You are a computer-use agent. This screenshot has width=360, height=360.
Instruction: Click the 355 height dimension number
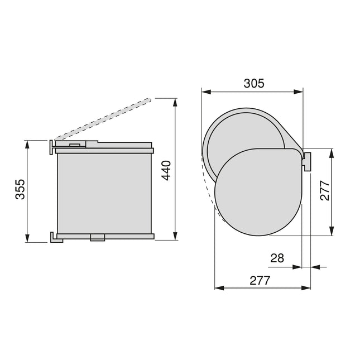click(x=20, y=191)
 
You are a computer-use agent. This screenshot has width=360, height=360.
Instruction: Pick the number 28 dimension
click(x=277, y=258)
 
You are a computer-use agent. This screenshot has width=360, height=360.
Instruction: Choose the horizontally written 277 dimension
click(x=260, y=280)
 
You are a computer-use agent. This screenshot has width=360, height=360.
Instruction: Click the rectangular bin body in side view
click(x=104, y=193)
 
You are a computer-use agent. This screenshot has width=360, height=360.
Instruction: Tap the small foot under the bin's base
click(x=97, y=238)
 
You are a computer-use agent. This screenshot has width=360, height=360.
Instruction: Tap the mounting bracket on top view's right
click(x=307, y=161)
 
